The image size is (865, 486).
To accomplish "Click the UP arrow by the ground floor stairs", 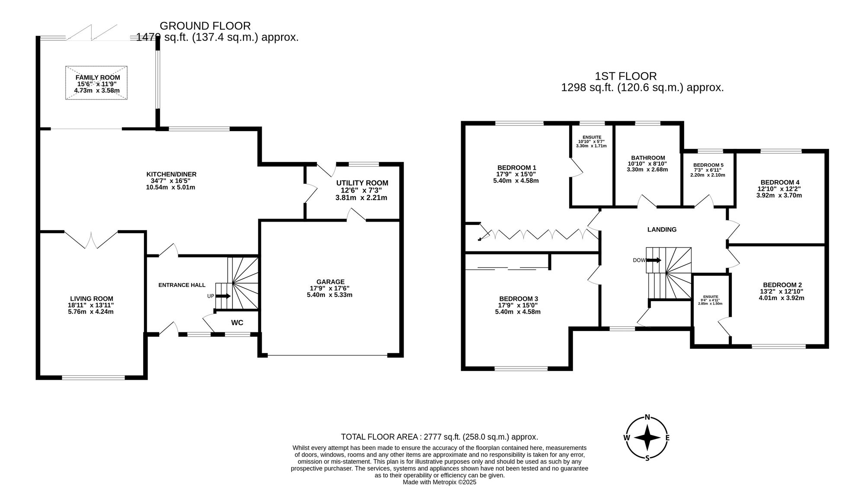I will tap(223, 296).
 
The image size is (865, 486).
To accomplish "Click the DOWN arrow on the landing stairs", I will tap(654, 260).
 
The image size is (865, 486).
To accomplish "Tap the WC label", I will tap(237, 323).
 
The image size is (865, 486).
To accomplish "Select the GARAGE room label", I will tap(330, 282).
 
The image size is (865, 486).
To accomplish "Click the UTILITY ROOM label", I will tap(362, 183).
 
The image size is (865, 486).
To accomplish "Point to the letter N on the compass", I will tap(647, 417).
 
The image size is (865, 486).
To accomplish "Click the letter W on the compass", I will tap(626, 438).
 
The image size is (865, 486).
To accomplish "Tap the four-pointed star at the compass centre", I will tap(647, 438).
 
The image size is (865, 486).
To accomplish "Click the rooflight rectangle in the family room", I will tap(96, 83).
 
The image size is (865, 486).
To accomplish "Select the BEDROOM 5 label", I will tap(708, 165).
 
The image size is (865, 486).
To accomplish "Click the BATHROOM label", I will tap(647, 158).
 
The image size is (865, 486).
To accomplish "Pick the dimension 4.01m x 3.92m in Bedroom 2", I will tap(782, 298).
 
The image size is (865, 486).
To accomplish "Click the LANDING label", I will tap(662, 229).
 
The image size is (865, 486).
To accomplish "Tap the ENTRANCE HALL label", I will tap(182, 285).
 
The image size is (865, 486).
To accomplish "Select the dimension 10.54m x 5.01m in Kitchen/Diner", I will tap(171, 187).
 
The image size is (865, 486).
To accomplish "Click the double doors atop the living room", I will tap(91, 240).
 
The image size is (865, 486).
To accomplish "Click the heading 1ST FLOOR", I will tap(625, 76).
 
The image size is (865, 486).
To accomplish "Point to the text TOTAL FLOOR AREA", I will tap(381, 437).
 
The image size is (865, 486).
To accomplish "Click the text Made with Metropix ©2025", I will tap(439, 482).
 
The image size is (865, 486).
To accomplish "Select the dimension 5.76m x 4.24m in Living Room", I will tap(91, 312).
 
